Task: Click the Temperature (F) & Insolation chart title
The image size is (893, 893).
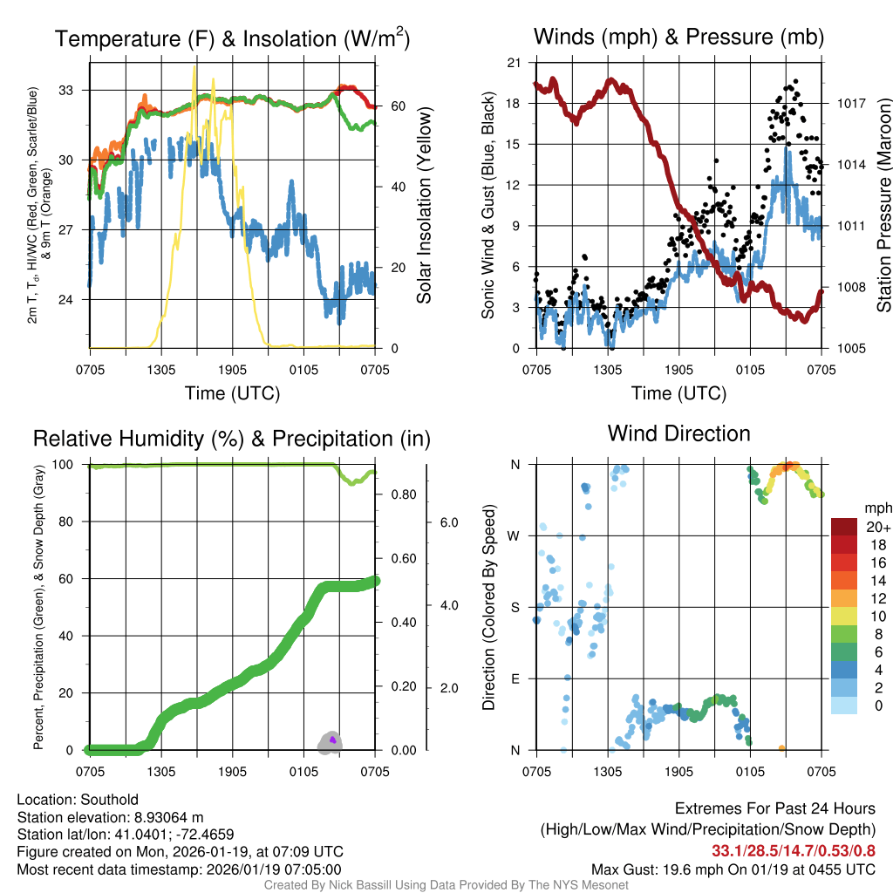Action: coord(232,38)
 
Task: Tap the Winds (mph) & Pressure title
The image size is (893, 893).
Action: coord(678,37)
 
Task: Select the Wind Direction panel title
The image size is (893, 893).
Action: coord(678,433)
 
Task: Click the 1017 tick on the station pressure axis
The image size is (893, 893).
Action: coord(851,103)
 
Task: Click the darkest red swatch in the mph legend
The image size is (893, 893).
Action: coord(847,528)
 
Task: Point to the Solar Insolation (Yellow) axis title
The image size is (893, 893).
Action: coord(424,206)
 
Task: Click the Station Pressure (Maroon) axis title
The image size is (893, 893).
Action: coord(883,206)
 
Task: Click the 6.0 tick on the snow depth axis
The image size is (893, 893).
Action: coord(448,522)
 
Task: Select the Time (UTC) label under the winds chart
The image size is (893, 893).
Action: coord(678,393)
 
